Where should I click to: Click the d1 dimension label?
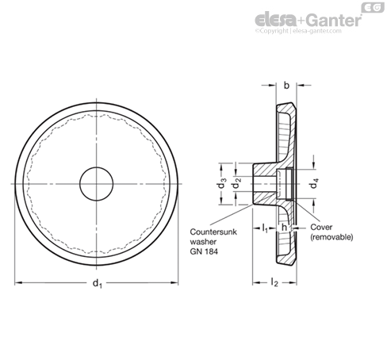click(x=98, y=283)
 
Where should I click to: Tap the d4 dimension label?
click(x=314, y=183)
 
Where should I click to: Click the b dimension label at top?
click(x=286, y=86)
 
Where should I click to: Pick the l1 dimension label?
click(x=265, y=228)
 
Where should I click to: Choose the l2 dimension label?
click(x=274, y=282)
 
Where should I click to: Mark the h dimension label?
click(x=284, y=228)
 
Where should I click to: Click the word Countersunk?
click(x=213, y=232)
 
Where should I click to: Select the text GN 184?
click(x=204, y=251)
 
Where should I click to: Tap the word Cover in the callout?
click(x=321, y=227)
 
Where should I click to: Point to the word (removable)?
click(x=331, y=237)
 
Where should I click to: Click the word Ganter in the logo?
click(x=335, y=20)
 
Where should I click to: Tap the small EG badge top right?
click(x=373, y=7)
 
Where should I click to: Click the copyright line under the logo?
click(x=298, y=31)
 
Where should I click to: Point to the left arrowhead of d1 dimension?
click(x=17, y=283)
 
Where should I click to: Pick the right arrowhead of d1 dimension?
click(x=174, y=283)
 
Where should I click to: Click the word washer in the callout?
click(x=203, y=242)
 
